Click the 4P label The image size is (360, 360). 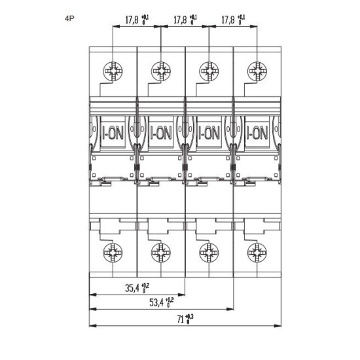pyautogui.click(x=69, y=18)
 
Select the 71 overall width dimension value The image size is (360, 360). pyautogui.click(x=181, y=319)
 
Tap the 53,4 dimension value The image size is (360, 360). pyautogui.click(x=156, y=302)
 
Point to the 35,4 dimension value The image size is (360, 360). pyautogui.click(x=132, y=288)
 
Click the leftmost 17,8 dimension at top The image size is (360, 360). pyautogui.click(x=132, y=20)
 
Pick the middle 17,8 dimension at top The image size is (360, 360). pyautogui.click(x=180, y=20)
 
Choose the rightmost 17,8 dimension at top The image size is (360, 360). pyautogui.click(x=228, y=20)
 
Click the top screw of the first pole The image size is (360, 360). pyautogui.click(x=113, y=71)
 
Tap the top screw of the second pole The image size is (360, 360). pyautogui.click(x=161, y=71)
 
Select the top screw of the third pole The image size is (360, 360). pyautogui.click(x=209, y=71)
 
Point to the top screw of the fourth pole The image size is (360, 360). pyautogui.click(x=257, y=71)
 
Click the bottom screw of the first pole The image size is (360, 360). pyautogui.click(x=113, y=253)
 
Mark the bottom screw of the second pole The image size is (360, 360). pyautogui.click(x=161, y=253)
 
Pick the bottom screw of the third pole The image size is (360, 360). pyautogui.click(x=209, y=253)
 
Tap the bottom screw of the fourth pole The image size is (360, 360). pyautogui.click(x=257, y=253)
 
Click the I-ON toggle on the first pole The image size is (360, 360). pyautogui.click(x=113, y=132)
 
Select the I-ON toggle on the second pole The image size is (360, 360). pyautogui.click(x=161, y=132)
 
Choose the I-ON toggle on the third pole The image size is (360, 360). pyautogui.click(x=209, y=132)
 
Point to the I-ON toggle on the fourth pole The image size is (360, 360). pyautogui.click(x=257, y=132)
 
